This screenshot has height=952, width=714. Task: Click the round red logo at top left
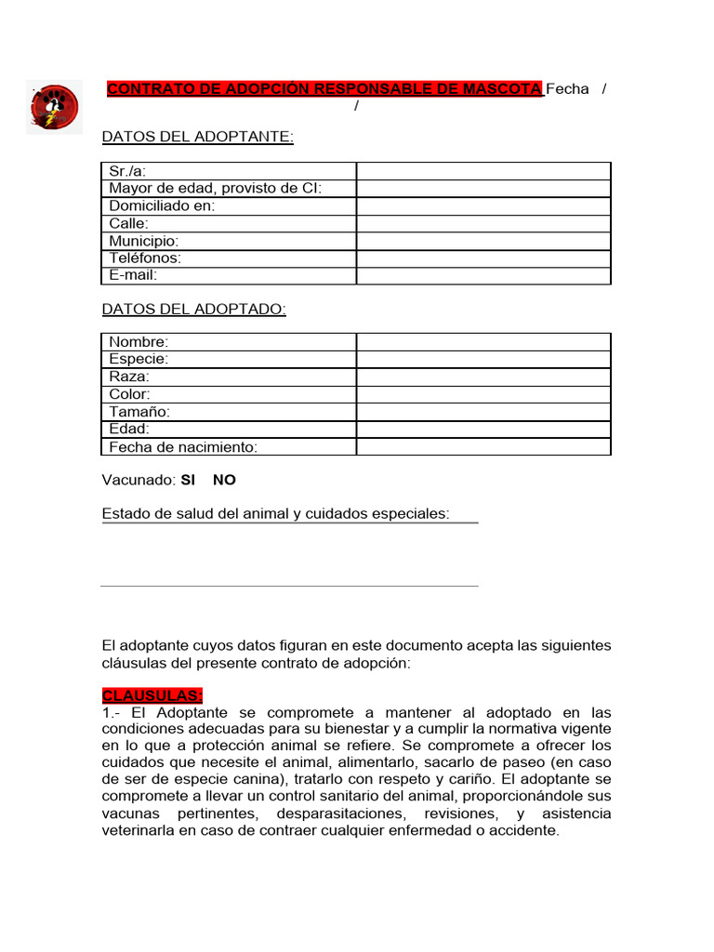(54, 107)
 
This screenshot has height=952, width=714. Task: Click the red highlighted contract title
(324, 89)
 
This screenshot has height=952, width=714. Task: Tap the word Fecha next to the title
(567, 89)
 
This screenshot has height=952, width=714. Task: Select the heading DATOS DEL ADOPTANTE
(197, 138)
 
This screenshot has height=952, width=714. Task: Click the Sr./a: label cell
(229, 171)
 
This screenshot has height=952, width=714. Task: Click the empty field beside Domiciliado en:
(483, 206)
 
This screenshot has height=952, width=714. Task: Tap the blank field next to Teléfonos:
(483, 258)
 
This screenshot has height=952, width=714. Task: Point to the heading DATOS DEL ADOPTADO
(193, 309)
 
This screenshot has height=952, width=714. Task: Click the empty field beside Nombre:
(483, 342)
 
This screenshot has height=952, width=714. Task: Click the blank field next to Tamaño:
(483, 412)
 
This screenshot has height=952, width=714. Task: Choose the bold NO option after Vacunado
(224, 481)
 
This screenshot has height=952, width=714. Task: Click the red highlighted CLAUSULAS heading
(152, 696)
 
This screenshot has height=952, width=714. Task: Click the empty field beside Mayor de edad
(483, 189)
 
